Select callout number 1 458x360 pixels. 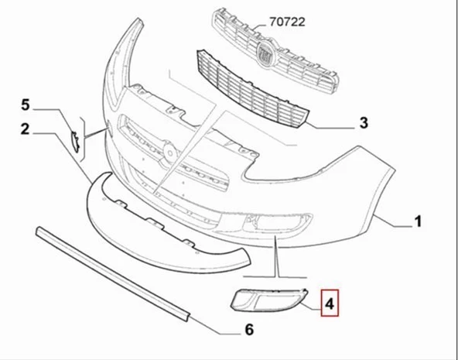point(417,222)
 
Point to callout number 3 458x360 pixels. point(363,123)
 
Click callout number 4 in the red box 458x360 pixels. point(330,304)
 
